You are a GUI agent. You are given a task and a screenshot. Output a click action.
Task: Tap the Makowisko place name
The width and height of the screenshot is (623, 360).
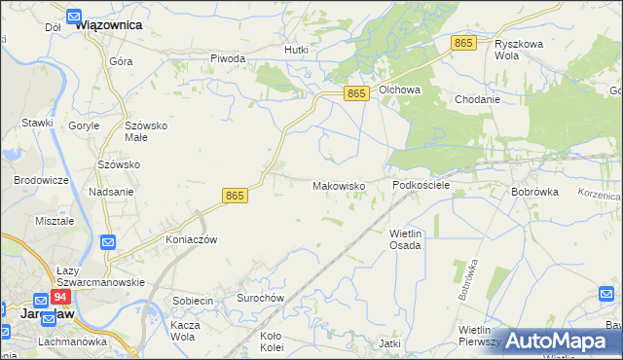(x=338, y=185)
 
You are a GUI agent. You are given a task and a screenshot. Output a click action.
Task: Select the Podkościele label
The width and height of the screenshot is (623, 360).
(x=421, y=184)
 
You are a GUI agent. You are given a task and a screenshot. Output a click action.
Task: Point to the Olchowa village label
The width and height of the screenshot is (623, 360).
(x=399, y=90)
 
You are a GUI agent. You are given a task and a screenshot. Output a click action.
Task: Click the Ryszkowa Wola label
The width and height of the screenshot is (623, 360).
(x=519, y=51)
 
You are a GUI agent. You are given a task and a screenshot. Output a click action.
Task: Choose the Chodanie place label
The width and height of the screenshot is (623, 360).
(x=477, y=99)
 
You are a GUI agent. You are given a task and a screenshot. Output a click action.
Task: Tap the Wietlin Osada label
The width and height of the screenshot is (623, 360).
(x=405, y=239)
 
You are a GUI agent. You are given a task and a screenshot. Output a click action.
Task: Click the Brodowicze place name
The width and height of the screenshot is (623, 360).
(x=40, y=180)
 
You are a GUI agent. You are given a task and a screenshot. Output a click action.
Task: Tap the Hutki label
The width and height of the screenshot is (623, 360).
(x=296, y=49)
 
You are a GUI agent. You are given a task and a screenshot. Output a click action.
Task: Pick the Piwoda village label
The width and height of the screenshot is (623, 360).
(x=228, y=58)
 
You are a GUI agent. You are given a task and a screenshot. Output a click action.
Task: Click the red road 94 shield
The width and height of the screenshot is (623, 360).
(x=61, y=297)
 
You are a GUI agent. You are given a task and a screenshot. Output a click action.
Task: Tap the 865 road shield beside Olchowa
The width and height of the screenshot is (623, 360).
(x=357, y=92)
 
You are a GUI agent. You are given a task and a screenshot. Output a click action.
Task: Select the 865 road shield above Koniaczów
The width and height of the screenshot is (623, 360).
(x=235, y=196)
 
